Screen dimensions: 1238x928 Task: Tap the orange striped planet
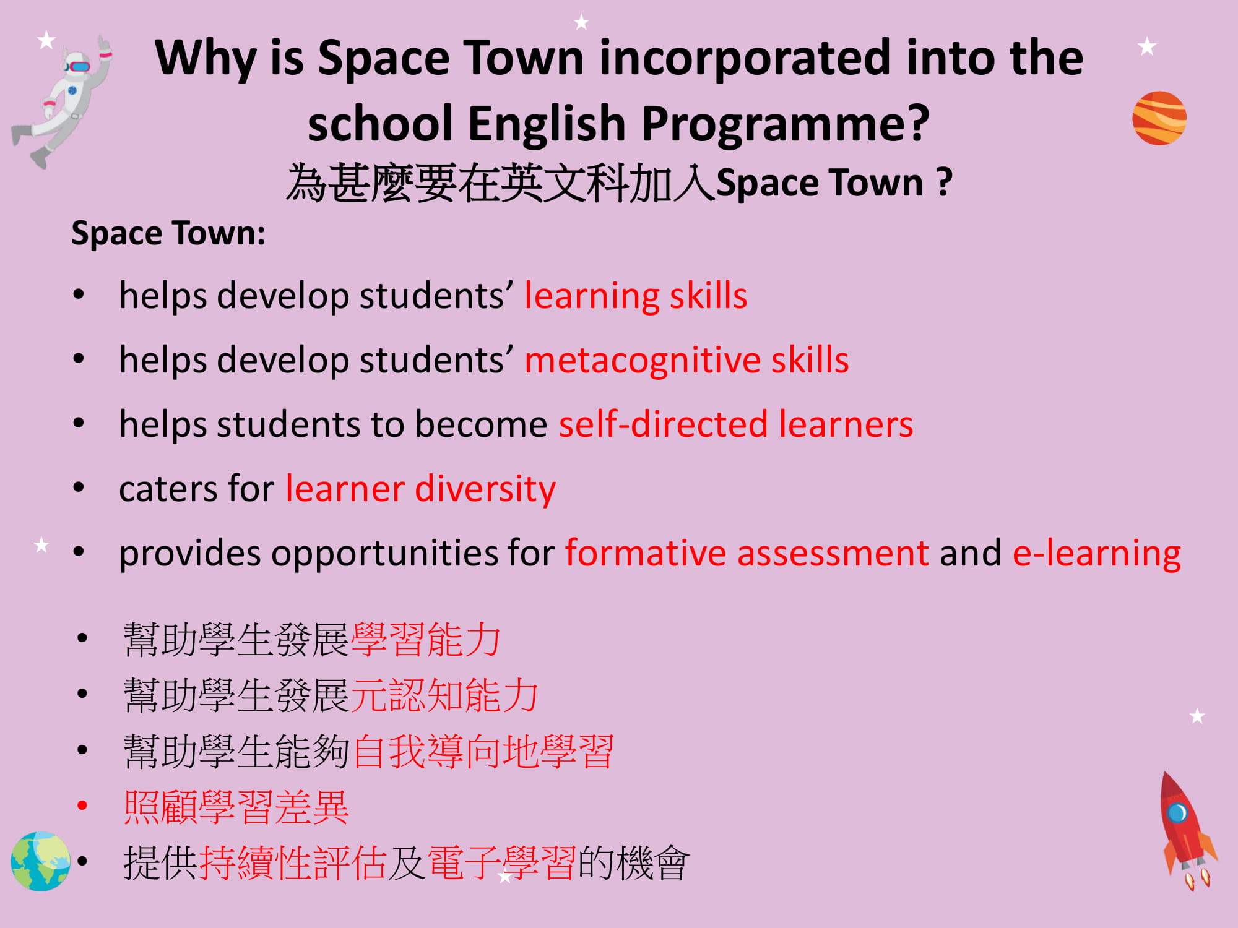pyautogui.click(x=1159, y=118)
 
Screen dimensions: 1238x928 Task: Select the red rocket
pyautogui.click(x=1187, y=829)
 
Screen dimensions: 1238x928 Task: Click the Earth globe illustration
pyautogui.click(x=41, y=861)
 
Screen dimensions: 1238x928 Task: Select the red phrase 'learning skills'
pyautogui.click(x=636, y=296)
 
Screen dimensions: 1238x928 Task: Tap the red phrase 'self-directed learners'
pyautogui.click(x=736, y=424)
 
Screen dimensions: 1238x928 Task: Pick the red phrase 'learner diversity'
pyautogui.click(x=421, y=489)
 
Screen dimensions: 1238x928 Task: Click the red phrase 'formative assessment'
pyautogui.click(x=747, y=552)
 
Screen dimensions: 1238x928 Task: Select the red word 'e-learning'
pyautogui.click(x=1097, y=553)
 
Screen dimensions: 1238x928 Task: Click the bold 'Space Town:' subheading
pyautogui.click(x=168, y=234)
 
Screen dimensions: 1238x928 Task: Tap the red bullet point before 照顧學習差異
pyautogui.click(x=82, y=806)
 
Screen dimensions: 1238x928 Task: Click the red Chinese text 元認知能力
pyautogui.click(x=445, y=695)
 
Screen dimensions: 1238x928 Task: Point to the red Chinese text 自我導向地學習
pyautogui.click(x=483, y=751)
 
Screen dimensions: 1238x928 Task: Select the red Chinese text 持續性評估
pyautogui.click(x=293, y=862)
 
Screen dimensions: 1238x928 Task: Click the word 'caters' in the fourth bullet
pyautogui.click(x=167, y=489)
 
